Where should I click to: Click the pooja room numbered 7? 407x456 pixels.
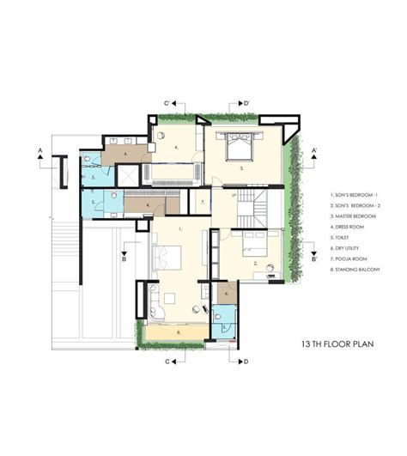202,203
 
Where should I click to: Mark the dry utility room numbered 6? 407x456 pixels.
225,294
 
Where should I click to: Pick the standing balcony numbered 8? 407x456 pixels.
177,332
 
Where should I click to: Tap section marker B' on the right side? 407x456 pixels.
314,258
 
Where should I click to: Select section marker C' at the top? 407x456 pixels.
170,103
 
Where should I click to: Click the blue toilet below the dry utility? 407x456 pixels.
224,321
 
